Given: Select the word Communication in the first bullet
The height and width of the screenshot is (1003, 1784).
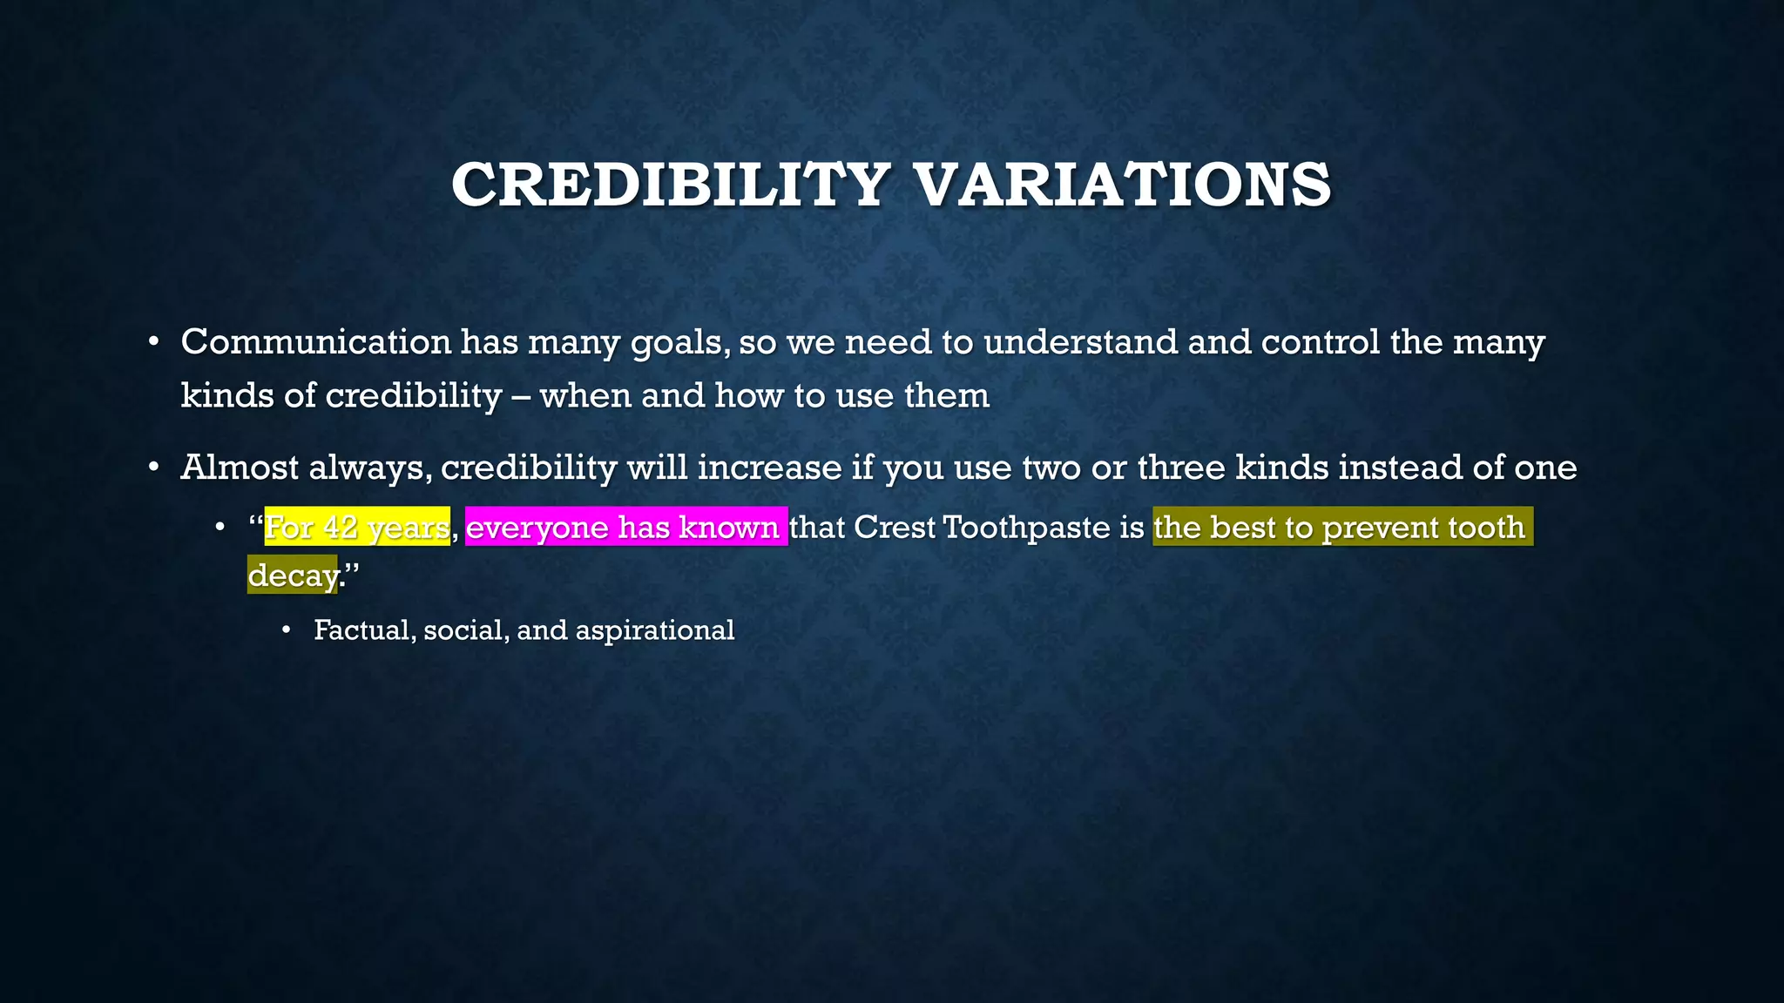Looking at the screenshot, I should pyautogui.click(x=315, y=341).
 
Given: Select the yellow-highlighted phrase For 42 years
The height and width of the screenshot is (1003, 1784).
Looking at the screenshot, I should pyautogui.click(x=357, y=528).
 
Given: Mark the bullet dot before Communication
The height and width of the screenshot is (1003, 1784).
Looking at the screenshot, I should pyautogui.click(x=153, y=342).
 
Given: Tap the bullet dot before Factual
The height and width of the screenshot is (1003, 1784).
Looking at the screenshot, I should pyautogui.click(x=287, y=630).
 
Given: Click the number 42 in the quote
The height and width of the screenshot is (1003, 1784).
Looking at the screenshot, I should pyautogui.click(x=339, y=528).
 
